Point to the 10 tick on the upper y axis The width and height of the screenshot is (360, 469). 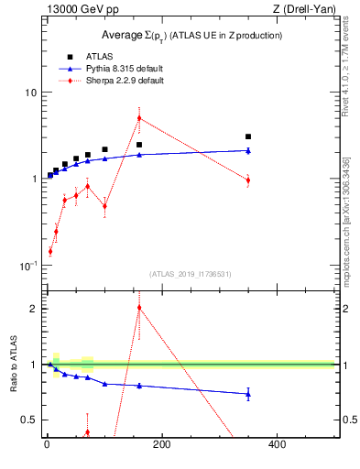[30, 93]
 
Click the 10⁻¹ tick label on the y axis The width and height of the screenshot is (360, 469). [28, 266]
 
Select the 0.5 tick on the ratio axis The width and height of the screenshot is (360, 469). [29, 420]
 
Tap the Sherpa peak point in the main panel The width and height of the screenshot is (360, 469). [139, 117]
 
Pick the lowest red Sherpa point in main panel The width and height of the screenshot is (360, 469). [50, 250]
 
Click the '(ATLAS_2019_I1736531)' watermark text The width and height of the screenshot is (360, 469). [191, 273]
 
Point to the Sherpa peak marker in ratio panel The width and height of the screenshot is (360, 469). [139, 308]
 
